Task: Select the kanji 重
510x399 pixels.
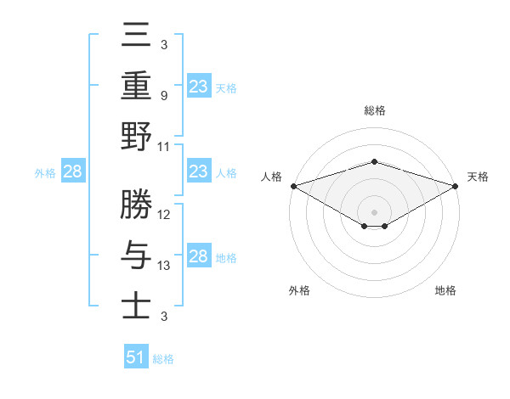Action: click(x=136, y=87)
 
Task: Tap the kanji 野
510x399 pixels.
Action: click(x=136, y=138)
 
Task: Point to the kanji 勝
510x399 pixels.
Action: click(x=136, y=205)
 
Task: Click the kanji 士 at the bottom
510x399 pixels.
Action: click(x=136, y=304)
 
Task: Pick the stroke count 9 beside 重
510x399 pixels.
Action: click(x=164, y=95)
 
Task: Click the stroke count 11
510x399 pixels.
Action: click(x=165, y=146)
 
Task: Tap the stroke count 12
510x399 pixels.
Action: click(x=165, y=214)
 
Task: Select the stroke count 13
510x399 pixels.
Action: click(x=165, y=265)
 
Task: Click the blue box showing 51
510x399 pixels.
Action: click(x=136, y=357)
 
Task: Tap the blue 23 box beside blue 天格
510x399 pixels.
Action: click(x=198, y=87)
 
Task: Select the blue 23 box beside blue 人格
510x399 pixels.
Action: click(x=198, y=171)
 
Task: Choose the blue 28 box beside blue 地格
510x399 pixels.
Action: click(x=198, y=256)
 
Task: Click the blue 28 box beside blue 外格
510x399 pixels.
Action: click(x=73, y=171)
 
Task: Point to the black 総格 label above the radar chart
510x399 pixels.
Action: click(x=374, y=110)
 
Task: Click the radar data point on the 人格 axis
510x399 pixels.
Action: click(x=293, y=186)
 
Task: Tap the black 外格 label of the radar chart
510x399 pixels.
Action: click(x=299, y=290)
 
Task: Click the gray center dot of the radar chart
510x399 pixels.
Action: click(x=374, y=211)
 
